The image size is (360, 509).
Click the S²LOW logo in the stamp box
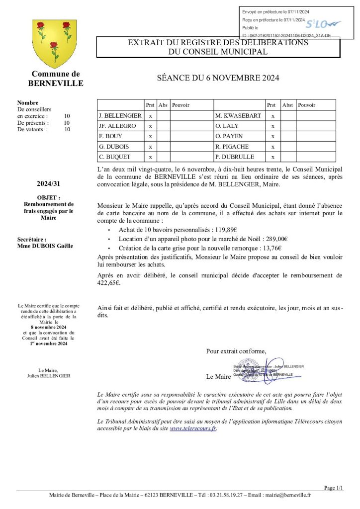tap(323, 23)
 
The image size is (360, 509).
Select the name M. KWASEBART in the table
tap(238, 116)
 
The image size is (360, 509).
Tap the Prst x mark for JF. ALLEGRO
tap(150, 126)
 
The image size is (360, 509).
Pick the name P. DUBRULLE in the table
tap(235, 157)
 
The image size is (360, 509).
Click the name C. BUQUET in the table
tap(115, 157)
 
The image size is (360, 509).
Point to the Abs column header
tap(163, 105)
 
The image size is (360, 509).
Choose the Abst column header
tap(287, 105)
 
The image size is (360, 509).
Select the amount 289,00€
tap(276, 239)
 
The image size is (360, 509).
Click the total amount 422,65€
tap(109, 283)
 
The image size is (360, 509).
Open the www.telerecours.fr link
tap(193, 428)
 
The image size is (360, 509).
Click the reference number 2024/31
tap(48, 184)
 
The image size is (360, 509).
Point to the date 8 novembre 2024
tap(48, 328)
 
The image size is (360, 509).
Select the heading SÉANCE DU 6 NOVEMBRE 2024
tap(218, 78)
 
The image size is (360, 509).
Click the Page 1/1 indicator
tap(333, 488)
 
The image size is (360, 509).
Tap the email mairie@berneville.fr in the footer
tap(288, 495)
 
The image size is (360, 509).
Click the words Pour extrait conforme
tap(236, 351)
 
